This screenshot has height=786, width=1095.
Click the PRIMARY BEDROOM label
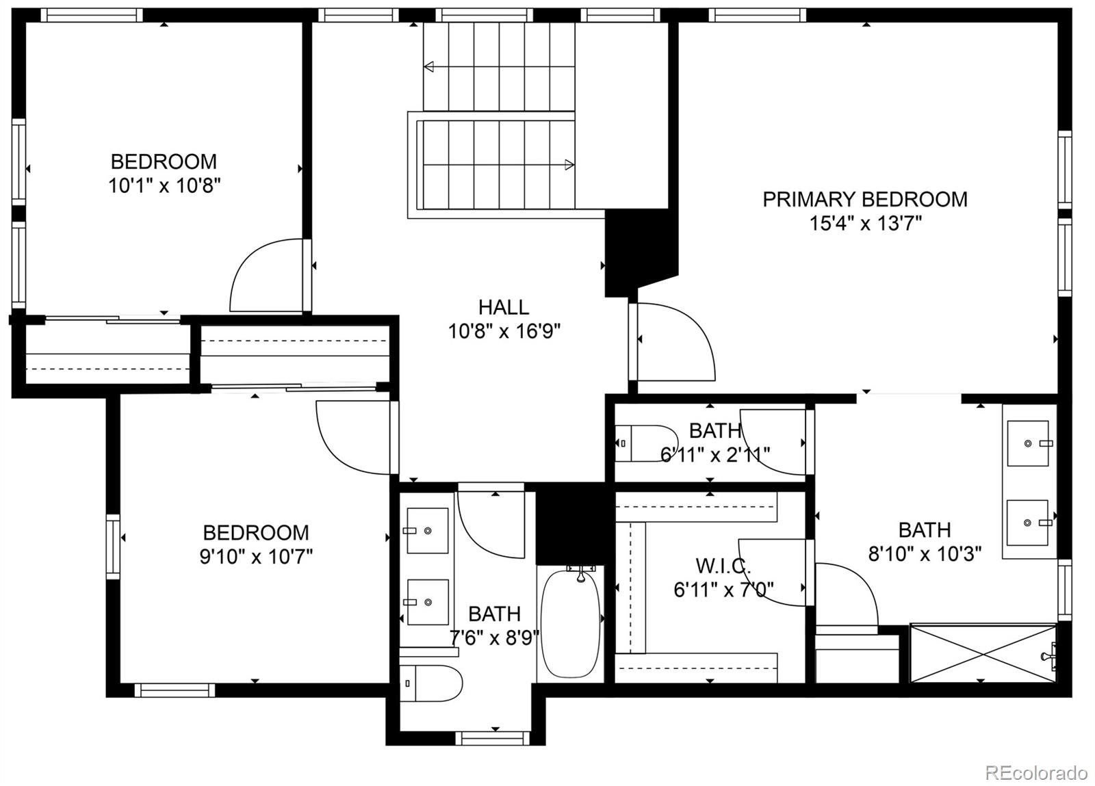pyautogui.click(x=864, y=199)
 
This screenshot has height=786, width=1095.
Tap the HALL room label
pyautogui.click(x=503, y=306)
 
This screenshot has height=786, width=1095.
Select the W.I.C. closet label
pyautogui.click(x=723, y=566)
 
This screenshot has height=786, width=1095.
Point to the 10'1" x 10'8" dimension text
pyautogui.click(x=164, y=185)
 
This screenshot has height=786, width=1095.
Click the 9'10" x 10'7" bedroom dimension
pyautogui.click(x=255, y=556)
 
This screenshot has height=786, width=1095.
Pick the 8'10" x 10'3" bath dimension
pyautogui.click(x=925, y=553)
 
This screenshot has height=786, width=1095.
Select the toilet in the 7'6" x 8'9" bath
pyautogui.click(x=431, y=683)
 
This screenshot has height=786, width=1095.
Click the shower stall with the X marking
pyautogui.click(x=983, y=653)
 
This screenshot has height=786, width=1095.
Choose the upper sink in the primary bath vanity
pyautogui.click(x=1028, y=443)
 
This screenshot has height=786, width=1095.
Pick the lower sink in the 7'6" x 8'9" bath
pyautogui.click(x=428, y=602)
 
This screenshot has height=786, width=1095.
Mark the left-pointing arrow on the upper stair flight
pyautogui.click(x=430, y=67)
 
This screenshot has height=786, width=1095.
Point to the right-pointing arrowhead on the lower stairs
pyautogui.click(x=569, y=164)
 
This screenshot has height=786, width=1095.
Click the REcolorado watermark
pyautogui.click(x=1035, y=773)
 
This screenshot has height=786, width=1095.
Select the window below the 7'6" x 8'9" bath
pyautogui.click(x=493, y=738)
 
